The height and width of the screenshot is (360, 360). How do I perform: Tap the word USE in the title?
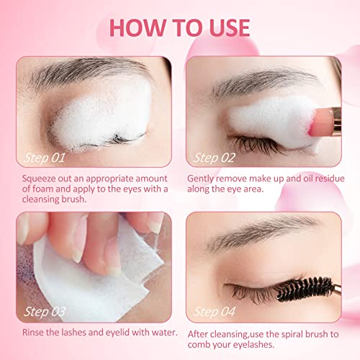(224, 27)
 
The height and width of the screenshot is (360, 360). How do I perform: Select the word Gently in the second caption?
(203, 178)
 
